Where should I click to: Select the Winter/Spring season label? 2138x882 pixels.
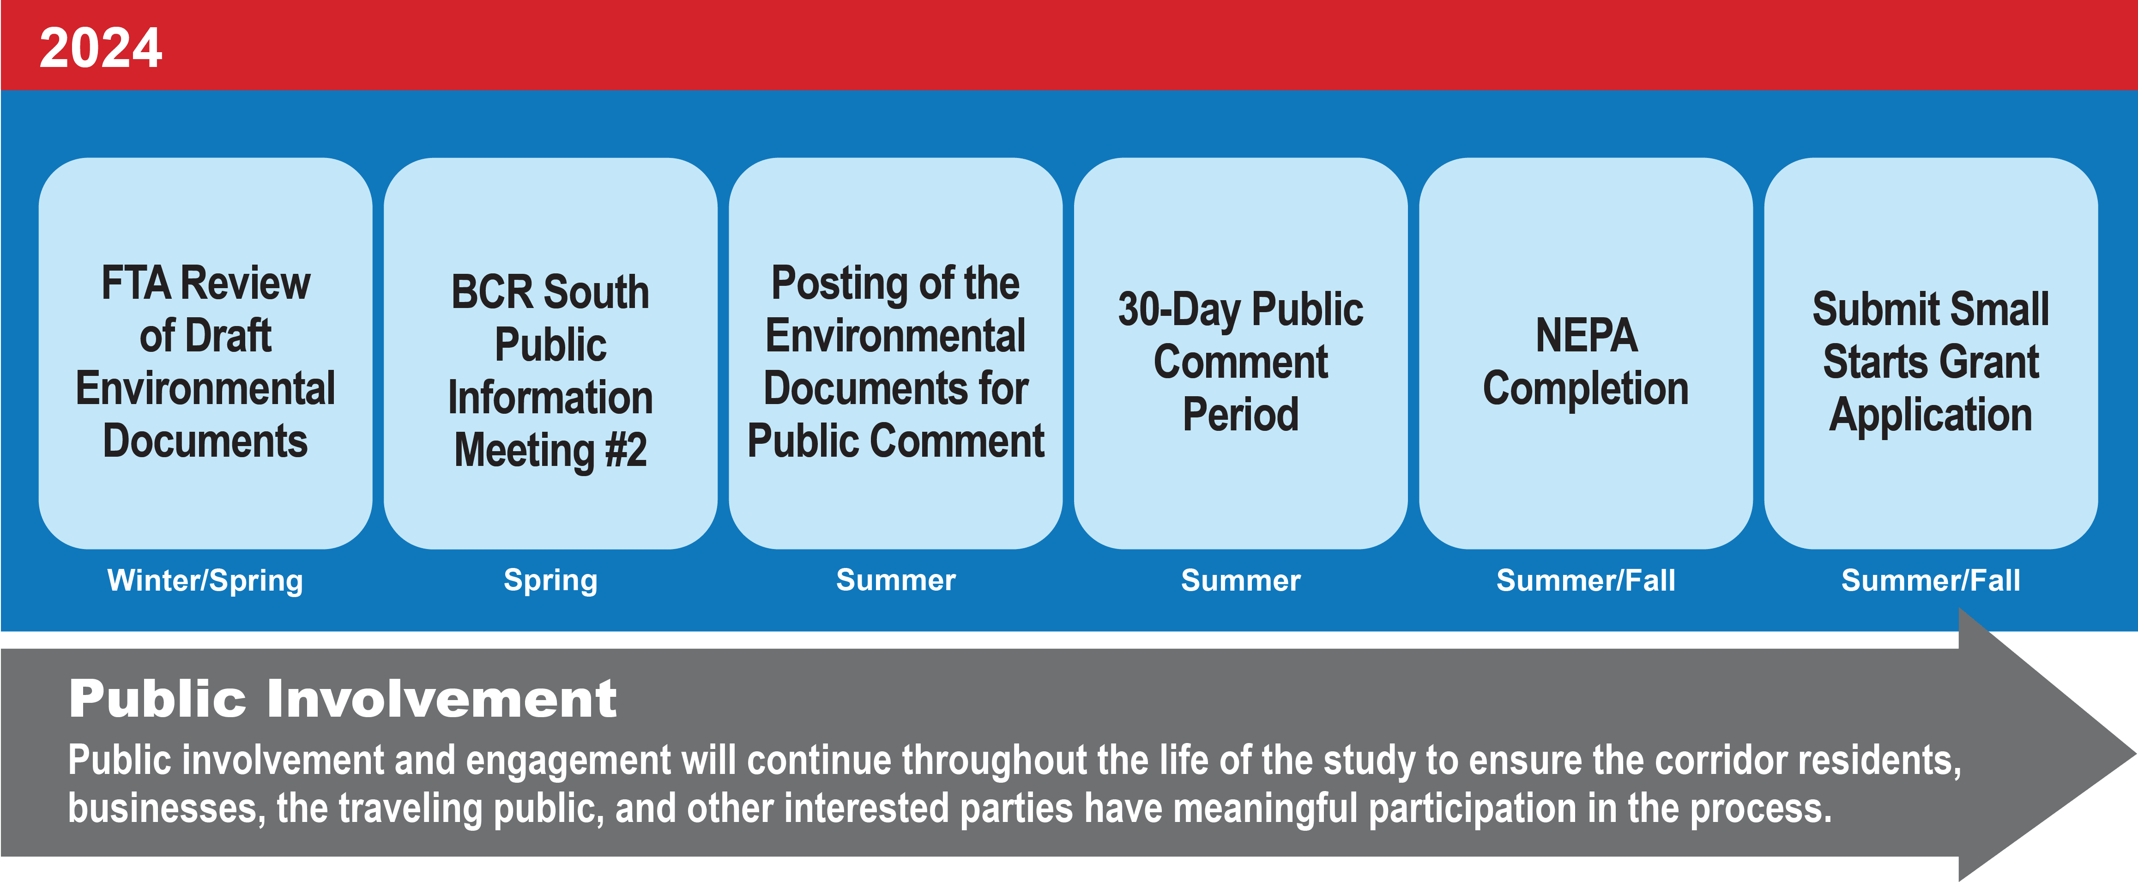coord(205,580)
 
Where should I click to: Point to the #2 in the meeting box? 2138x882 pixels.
coord(625,451)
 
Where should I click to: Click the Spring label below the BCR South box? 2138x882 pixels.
coord(550,580)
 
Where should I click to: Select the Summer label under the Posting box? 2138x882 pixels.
coord(895,580)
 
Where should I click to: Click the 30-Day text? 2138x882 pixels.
coord(1178,309)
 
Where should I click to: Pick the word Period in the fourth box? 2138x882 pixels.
coord(1240,414)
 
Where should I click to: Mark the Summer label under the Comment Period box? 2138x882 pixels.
coord(1241,580)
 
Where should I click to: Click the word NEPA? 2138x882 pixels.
coord(1586,336)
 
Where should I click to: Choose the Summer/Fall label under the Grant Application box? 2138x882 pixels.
coord(1931,580)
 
